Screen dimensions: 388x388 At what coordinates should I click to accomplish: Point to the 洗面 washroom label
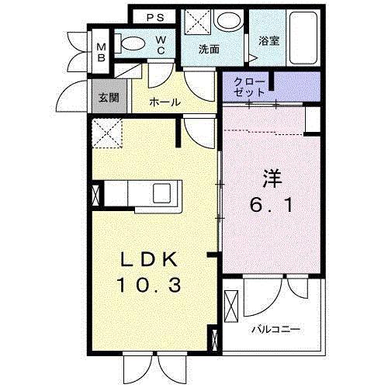[x=208, y=49]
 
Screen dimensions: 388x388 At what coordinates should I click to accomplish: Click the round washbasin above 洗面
[x=228, y=21]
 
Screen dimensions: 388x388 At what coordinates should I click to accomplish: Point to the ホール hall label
[x=165, y=102]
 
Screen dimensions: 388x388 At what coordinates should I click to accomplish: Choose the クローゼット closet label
[x=249, y=86]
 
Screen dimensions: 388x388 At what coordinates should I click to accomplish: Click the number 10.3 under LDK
[x=151, y=286]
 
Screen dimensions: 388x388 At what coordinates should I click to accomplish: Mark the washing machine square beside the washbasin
[x=195, y=22]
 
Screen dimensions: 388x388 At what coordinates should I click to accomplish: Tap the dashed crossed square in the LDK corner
[x=105, y=133]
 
